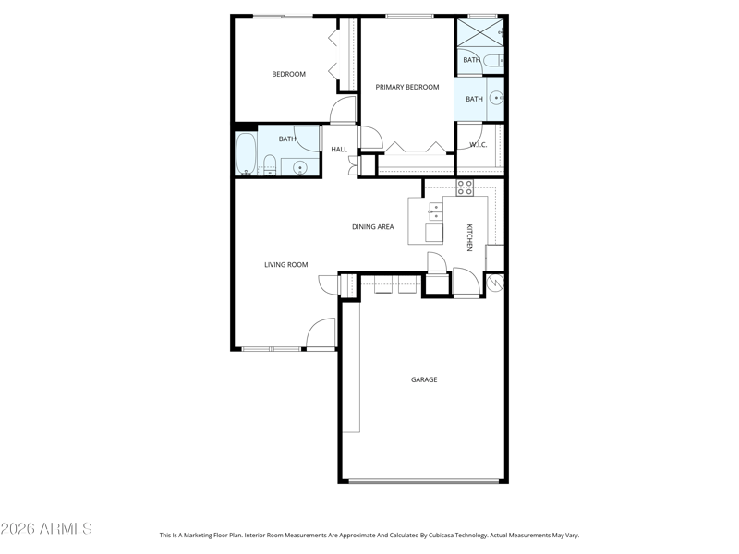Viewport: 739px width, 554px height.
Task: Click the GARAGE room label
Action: (x=424, y=379)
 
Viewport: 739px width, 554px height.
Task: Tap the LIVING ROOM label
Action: (x=285, y=265)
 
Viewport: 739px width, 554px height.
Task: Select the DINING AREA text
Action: (x=373, y=226)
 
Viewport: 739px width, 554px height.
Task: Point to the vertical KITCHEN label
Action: (x=469, y=237)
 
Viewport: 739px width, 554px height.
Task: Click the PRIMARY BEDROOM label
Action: (x=407, y=87)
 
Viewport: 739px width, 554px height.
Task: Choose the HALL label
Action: (x=339, y=150)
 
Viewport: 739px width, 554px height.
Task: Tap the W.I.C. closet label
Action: (x=479, y=145)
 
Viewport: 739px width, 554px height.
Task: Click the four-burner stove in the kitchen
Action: (x=465, y=187)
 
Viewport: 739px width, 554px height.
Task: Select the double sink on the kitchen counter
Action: (x=435, y=211)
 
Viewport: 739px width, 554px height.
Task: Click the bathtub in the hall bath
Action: (x=246, y=154)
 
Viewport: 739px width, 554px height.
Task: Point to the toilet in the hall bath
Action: (x=269, y=165)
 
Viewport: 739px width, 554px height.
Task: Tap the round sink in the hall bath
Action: (x=299, y=167)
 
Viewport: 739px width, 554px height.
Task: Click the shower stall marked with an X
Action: (x=479, y=32)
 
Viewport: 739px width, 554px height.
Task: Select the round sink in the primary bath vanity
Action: (x=496, y=99)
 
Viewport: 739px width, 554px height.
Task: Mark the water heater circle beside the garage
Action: (x=496, y=283)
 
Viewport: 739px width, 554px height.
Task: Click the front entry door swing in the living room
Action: (x=321, y=333)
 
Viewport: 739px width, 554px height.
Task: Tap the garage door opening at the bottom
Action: (x=423, y=481)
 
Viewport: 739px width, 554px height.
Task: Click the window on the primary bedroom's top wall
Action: (x=409, y=17)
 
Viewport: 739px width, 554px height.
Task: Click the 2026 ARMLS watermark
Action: (x=46, y=528)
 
